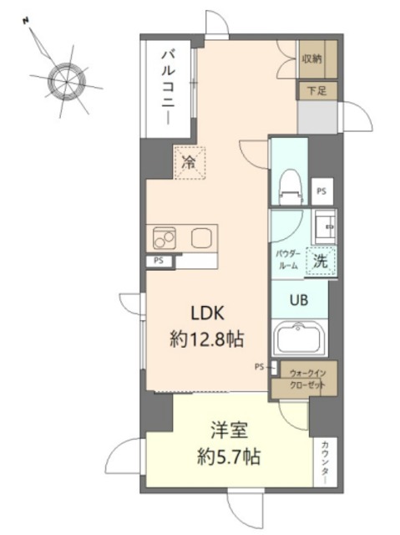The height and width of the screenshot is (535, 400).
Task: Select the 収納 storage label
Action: [312, 59]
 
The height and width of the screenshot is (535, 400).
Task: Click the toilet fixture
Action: [291, 186]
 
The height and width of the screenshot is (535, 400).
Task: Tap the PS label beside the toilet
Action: [322, 191]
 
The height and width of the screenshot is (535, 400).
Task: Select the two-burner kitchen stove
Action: [165, 238]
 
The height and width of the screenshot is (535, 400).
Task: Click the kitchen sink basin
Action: [202, 237]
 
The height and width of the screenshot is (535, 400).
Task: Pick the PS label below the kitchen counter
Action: [159, 261]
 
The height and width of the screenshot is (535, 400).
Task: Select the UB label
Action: [300, 299]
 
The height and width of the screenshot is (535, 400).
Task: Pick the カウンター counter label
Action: [325, 461]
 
